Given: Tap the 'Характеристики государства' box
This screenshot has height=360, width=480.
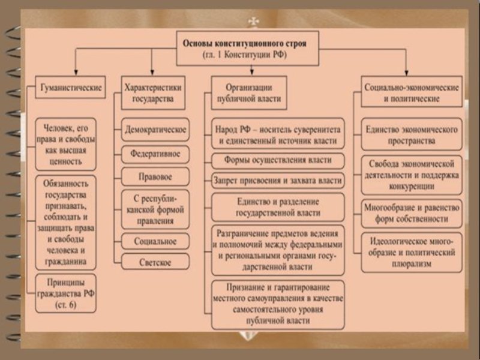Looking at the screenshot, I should pyautogui.click(x=152, y=92).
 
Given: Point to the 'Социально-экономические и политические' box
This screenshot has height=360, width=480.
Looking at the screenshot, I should pyautogui.click(x=412, y=92).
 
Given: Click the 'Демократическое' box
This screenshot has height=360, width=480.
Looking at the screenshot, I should pyautogui.click(x=155, y=129).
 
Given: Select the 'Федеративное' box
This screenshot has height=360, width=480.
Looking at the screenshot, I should pyautogui.click(x=155, y=154).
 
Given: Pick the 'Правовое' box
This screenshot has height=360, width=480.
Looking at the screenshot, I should pyautogui.click(x=155, y=177).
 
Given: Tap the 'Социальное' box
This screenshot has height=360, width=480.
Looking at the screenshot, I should pyautogui.click(x=155, y=241).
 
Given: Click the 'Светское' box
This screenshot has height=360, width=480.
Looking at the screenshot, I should pyautogui.click(x=155, y=263).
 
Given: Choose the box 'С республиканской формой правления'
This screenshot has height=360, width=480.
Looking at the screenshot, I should pyautogui.click(x=155, y=209).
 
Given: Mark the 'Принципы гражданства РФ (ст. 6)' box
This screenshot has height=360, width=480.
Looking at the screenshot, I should pyautogui.click(x=65, y=293).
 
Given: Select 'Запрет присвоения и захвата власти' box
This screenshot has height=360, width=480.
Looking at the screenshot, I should pyautogui.click(x=278, y=179).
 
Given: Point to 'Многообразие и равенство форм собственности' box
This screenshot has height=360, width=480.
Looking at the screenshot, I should pyautogui.click(x=411, y=214).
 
